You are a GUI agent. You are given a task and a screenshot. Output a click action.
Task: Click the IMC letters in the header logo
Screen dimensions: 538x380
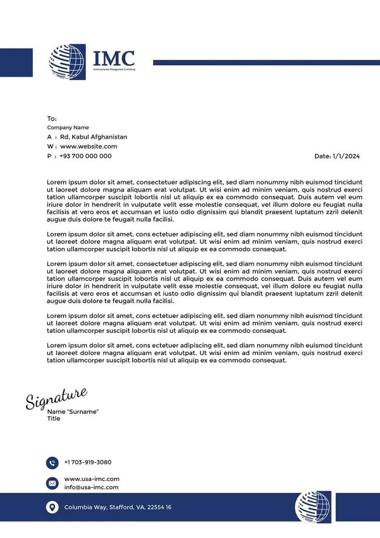pyautogui.click(x=114, y=59)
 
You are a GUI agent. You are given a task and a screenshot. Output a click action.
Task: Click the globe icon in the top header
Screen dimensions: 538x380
pyautogui.click(x=67, y=62)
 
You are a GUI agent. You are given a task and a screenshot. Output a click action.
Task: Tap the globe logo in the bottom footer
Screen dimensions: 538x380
pyautogui.click(x=313, y=507)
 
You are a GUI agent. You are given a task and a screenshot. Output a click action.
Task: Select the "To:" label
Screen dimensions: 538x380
pyautogui.click(x=52, y=119)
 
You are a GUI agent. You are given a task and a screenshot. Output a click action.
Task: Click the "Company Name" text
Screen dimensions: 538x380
pyautogui.click(x=68, y=128)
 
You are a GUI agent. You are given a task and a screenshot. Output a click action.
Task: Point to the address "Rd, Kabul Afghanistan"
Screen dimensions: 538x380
pyautogui.click(x=94, y=137)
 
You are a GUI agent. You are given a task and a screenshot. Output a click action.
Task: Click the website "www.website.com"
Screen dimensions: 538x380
pyautogui.click(x=89, y=147)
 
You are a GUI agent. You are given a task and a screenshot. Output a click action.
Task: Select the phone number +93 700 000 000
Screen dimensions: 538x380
pyautogui.click(x=86, y=156)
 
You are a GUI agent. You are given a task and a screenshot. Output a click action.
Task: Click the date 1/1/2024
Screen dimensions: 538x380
pyautogui.click(x=346, y=156)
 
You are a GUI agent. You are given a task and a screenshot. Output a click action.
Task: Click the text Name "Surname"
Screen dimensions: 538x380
pyautogui.click(x=73, y=412)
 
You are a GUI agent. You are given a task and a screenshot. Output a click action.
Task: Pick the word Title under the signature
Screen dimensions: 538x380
pyautogui.click(x=54, y=419)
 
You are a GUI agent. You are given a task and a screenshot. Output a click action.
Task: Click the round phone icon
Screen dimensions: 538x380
pyautogui.click(x=52, y=463)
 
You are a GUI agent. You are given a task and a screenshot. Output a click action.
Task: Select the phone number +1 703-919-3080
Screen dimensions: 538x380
pyautogui.click(x=88, y=462)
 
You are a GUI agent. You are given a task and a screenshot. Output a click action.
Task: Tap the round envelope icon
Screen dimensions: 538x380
pyautogui.click(x=52, y=483)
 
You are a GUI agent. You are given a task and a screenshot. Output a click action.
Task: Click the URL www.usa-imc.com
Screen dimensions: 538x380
pyautogui.click(x=92, y=479)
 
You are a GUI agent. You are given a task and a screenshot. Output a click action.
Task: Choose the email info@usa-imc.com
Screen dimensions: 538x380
pyautogui.click(x=91, y=487)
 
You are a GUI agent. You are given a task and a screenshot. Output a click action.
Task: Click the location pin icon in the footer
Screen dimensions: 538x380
pyautogui.click(x=52, y=508)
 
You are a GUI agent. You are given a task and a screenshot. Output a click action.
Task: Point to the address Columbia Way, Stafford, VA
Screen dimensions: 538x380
pyautogui.click(x=117, y=508)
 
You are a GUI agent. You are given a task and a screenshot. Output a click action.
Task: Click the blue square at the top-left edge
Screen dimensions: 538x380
pyautogui.click(x=16, y=62)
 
